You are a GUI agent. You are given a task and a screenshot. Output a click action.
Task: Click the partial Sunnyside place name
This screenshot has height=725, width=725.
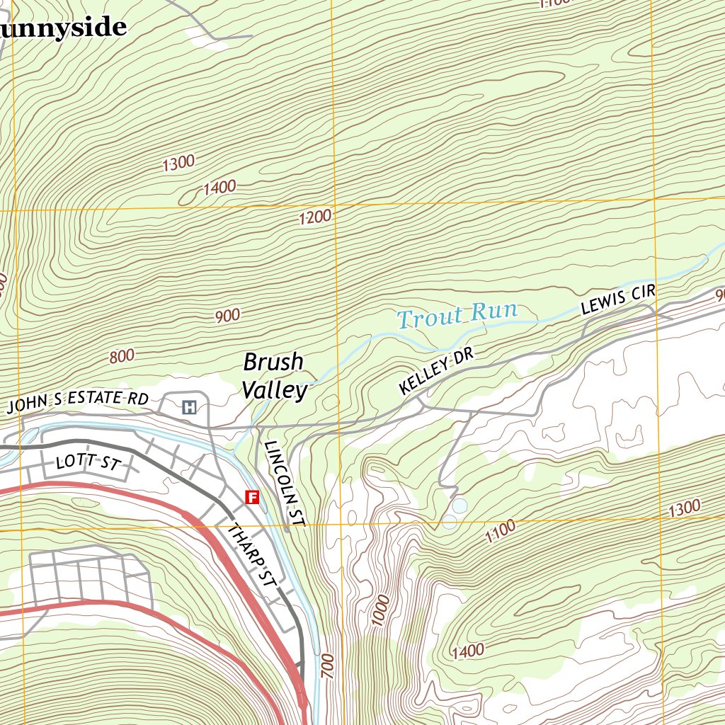[x=64, y=28]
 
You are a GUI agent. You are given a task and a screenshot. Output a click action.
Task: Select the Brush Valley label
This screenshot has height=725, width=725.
[x=275, y=376]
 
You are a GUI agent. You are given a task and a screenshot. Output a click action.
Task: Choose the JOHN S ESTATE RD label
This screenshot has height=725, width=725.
[x=78, y=402]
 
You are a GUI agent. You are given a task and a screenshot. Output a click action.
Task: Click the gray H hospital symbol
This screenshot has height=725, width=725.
[x=189, y=407]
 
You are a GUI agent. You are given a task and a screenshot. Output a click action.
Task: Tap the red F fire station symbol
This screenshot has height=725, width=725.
[x=251, y=498]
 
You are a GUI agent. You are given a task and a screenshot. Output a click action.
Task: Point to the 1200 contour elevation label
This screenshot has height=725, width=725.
[x=315, y=217]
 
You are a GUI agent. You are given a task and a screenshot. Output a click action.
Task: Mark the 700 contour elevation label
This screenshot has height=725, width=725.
[x=327, y=667]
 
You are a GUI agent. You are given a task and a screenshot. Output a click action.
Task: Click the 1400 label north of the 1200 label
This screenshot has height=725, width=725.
[x=219, y=188]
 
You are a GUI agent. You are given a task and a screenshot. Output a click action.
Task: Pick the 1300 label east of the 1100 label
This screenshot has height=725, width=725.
[x=685, y=508]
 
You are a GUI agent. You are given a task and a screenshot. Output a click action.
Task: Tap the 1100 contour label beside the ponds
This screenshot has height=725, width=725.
[x=501, y=532]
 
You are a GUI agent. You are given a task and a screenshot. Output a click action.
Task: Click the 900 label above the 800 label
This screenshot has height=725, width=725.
[x=227, y=316]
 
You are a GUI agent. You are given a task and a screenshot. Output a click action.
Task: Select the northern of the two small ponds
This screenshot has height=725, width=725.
[x=459, y=506]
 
